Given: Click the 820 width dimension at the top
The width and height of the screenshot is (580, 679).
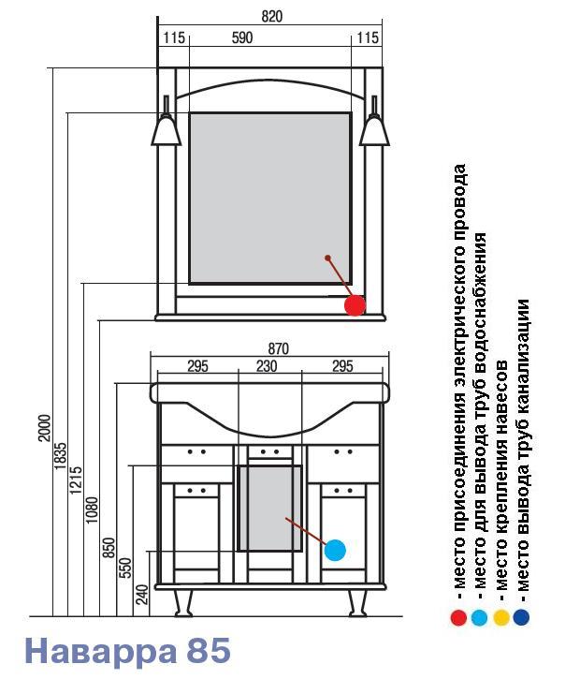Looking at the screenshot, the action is pos(271,17).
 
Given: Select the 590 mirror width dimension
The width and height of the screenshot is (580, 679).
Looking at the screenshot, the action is pos(241,37).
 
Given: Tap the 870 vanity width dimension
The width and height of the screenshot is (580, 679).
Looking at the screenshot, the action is pos(278,348).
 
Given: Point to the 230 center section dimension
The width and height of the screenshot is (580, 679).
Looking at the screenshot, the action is pos(267,366).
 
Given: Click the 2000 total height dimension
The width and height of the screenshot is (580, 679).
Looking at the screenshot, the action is pos(45,428).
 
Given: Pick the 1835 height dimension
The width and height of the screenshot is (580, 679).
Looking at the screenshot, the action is pos(61,455).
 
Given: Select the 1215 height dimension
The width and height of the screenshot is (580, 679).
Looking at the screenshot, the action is pos(76,480).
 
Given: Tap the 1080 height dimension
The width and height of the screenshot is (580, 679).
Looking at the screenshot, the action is pos(92,510).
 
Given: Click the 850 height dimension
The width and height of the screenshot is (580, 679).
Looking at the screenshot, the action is pos(109,547).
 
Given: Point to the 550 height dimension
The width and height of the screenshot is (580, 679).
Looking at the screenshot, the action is pos(125,568).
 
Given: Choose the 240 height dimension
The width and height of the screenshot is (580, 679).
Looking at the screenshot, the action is pos(141,594).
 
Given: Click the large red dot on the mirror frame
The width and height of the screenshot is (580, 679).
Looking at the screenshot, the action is pos(355,305).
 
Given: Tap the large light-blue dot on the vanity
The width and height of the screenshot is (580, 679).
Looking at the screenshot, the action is pos(335,550).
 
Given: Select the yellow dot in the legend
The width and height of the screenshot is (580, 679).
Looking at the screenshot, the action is pos(501,617).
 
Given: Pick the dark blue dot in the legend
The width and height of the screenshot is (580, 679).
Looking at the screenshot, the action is pos(521,617).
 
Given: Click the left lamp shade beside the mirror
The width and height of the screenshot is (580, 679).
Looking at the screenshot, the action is pos(167,130).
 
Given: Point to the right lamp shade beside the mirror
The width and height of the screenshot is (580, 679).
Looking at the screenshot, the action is pos(374,130).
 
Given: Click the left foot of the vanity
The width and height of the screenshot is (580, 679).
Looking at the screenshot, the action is pos(183,602).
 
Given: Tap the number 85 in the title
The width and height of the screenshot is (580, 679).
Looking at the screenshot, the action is pos(209,650).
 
